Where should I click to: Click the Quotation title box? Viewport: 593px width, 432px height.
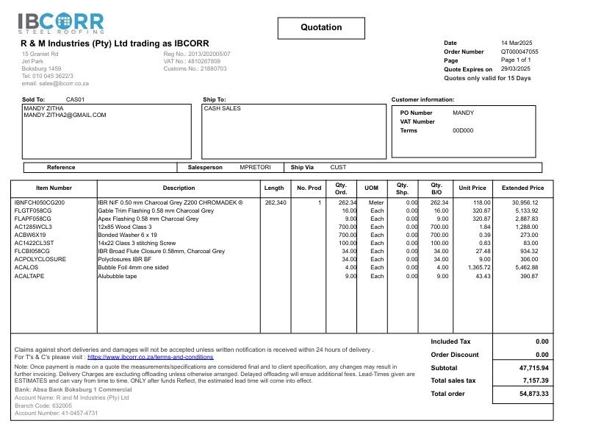coord(321,27)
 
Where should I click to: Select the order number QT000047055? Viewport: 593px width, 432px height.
coord(520,52)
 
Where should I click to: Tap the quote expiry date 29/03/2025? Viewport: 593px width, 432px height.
coord(516,69)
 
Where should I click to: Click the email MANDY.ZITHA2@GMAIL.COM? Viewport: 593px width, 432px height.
coord(65,116)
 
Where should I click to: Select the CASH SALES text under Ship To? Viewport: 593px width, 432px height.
coord(223,108)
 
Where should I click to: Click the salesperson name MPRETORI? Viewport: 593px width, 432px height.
coord(255,168)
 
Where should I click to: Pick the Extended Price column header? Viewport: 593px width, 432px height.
coord(522,188)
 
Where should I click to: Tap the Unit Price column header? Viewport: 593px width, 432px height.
coord(472,188)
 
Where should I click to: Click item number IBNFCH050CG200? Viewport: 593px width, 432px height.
coord(40,202)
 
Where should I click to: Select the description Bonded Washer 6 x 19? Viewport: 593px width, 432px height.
coord(128,235)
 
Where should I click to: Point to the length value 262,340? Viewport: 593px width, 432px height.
coord(275,202)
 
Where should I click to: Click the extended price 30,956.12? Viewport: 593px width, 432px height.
coord(525,202)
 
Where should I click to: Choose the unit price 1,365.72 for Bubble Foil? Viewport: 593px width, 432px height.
coord(476,268)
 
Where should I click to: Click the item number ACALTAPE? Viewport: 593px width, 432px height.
coord(30,276)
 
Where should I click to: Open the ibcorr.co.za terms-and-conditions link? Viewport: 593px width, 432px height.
coord(150,357)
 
